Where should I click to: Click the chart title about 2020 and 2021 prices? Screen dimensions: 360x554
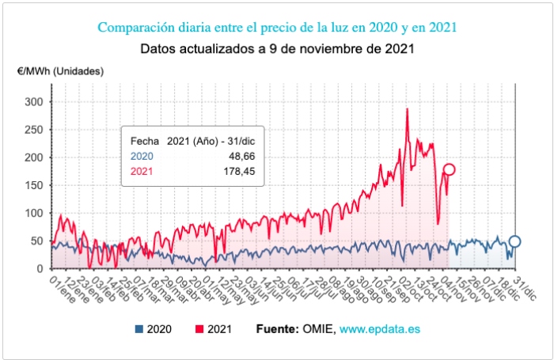click(x=277, y=28)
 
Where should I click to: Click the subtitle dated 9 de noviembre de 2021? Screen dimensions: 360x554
click(x=277, y=48)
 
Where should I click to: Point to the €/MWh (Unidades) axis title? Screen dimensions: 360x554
click(x=60, y=71)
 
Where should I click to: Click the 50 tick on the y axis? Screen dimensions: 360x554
click(x=38, y=241)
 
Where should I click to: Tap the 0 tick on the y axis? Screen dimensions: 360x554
click(x=41, y=269)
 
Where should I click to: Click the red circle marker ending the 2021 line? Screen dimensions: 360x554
click(x=449, y=169)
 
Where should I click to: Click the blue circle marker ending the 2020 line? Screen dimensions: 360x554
click(x=514, y=242)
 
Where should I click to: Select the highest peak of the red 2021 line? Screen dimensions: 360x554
click(x=407, y=109)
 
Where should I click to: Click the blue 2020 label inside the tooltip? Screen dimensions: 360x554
click(x=142, y=157)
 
